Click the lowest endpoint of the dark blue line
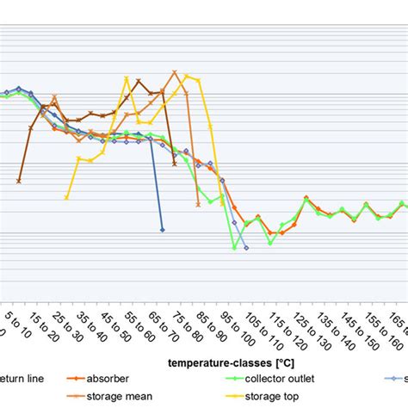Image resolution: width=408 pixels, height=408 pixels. (163, 230)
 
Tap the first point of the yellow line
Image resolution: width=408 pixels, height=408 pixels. (67, 198)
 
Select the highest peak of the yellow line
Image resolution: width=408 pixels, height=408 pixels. (187, 76)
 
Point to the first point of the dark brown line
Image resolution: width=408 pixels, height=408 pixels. (19, 182)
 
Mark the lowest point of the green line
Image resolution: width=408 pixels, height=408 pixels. (234, 248)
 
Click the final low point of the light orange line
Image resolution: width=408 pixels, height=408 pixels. (199, 205)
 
